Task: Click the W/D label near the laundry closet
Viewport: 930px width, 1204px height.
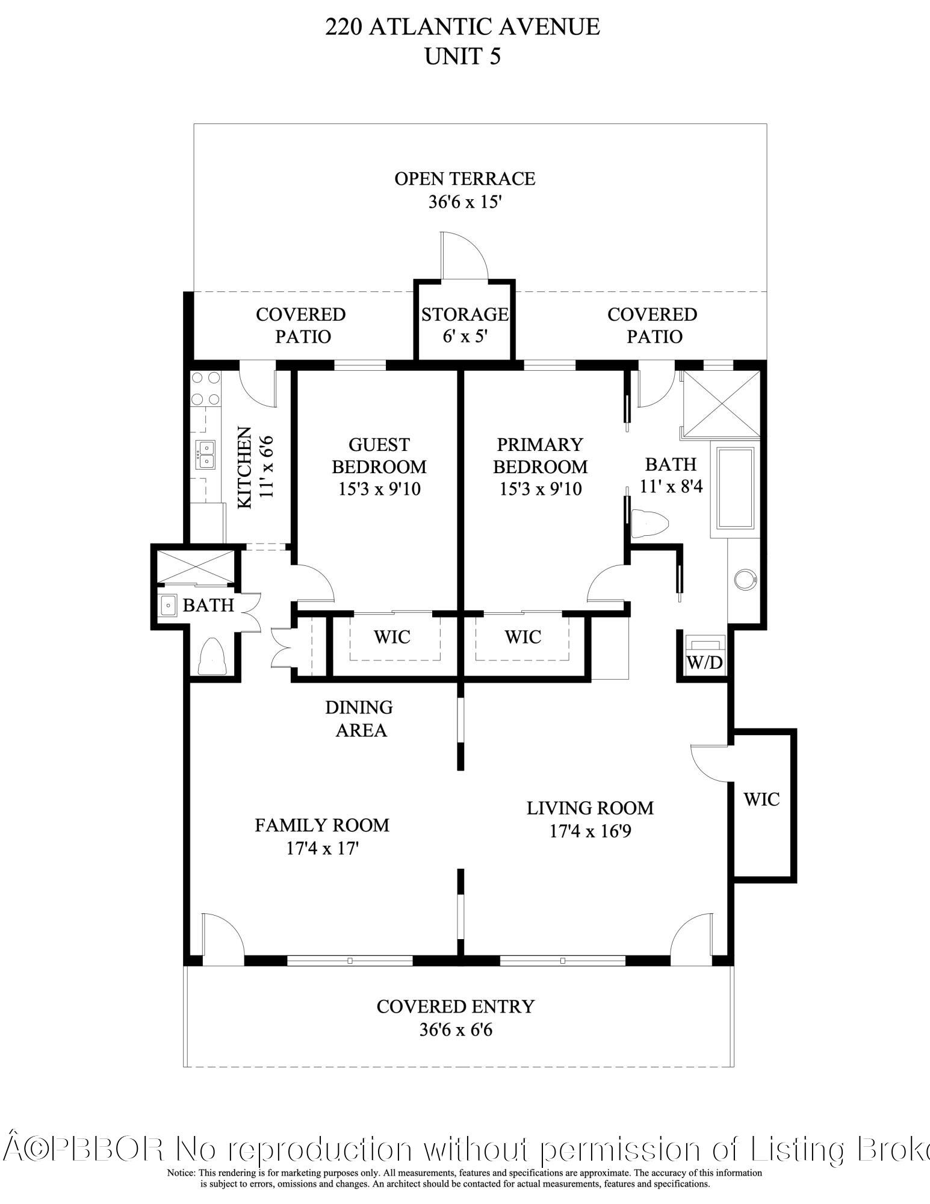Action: click(705, 662)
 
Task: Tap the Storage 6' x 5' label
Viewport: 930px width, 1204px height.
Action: click(464, 325)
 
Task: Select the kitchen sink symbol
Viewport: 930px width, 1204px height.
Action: click(206, 454)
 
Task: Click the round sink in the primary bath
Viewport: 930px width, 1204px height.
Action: click(745, 579)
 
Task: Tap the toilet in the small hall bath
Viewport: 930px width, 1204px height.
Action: click(211, 657)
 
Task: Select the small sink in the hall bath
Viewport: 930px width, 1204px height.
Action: click(169, 605)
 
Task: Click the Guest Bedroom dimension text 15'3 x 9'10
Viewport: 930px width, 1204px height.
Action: click(379, 489)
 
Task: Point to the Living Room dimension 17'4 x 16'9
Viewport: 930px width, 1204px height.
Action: click(590, 831)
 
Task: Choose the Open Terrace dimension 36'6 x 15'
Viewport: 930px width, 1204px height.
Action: click(465, 202)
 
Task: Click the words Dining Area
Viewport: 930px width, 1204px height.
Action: click(359, 719)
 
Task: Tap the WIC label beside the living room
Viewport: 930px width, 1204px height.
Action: click(761, 799)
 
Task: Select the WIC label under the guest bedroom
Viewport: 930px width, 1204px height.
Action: click(392, 636)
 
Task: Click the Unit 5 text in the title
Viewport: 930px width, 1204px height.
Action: click(463, 56)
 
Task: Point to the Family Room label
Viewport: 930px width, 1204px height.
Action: click(322, 825)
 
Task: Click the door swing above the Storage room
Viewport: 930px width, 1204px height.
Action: click(464, 255)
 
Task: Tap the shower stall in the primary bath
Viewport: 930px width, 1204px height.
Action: click(720, 402)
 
